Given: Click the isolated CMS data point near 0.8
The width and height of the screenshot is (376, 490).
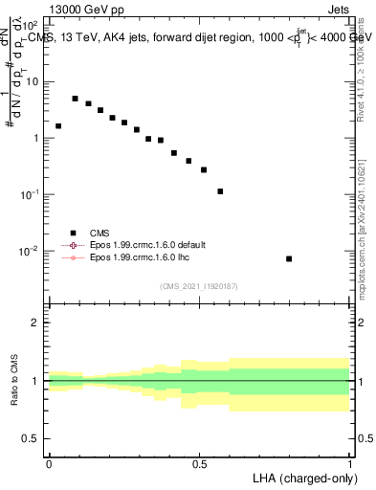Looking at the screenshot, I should coord(289,258).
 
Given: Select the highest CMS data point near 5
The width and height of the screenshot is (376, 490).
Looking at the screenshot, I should coord(76,99).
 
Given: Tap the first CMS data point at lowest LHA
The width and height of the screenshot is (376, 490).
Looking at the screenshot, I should coord(58,125).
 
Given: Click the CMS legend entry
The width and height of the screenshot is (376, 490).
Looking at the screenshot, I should coord(100,232).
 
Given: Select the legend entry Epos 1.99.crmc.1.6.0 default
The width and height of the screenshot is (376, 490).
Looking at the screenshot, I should coord(147,245).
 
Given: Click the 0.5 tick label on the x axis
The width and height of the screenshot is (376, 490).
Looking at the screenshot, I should coord(199,464).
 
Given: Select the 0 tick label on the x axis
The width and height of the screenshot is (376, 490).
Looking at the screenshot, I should coord(49,464).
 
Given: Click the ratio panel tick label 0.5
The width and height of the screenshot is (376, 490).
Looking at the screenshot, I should coord(32,441).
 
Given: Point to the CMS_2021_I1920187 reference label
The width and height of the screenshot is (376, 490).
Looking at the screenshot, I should coord(199,285).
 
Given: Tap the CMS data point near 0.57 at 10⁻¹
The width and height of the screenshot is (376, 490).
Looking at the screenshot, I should coord(221,191).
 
